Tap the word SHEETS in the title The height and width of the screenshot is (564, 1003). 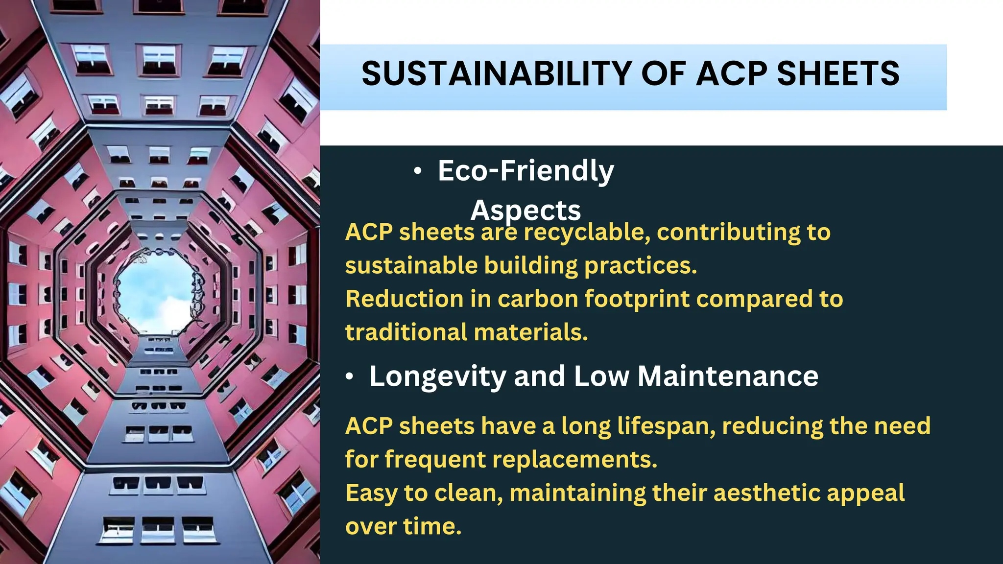[x=838, y=74]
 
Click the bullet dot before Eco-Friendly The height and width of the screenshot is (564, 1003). [x=417, y=171]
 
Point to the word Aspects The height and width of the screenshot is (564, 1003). [x=525, y=211]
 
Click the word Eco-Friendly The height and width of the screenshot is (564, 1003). [x=525, y=171]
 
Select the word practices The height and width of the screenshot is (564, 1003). [x=640, y=266]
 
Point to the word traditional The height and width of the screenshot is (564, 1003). [x=406, y=332]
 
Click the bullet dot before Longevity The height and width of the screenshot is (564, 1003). [x=349, y=376]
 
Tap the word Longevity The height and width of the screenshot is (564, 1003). [x=437, y=376]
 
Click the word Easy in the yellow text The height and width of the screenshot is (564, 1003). [x=371, y=493]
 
